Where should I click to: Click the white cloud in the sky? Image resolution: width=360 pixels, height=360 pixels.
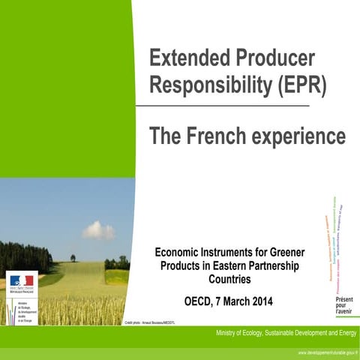[98, 230]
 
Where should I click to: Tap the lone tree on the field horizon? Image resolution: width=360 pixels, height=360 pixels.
[73, 257]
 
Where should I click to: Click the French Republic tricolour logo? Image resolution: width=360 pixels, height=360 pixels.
[22, 280]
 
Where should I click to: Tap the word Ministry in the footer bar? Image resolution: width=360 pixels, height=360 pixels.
[229, 333]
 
